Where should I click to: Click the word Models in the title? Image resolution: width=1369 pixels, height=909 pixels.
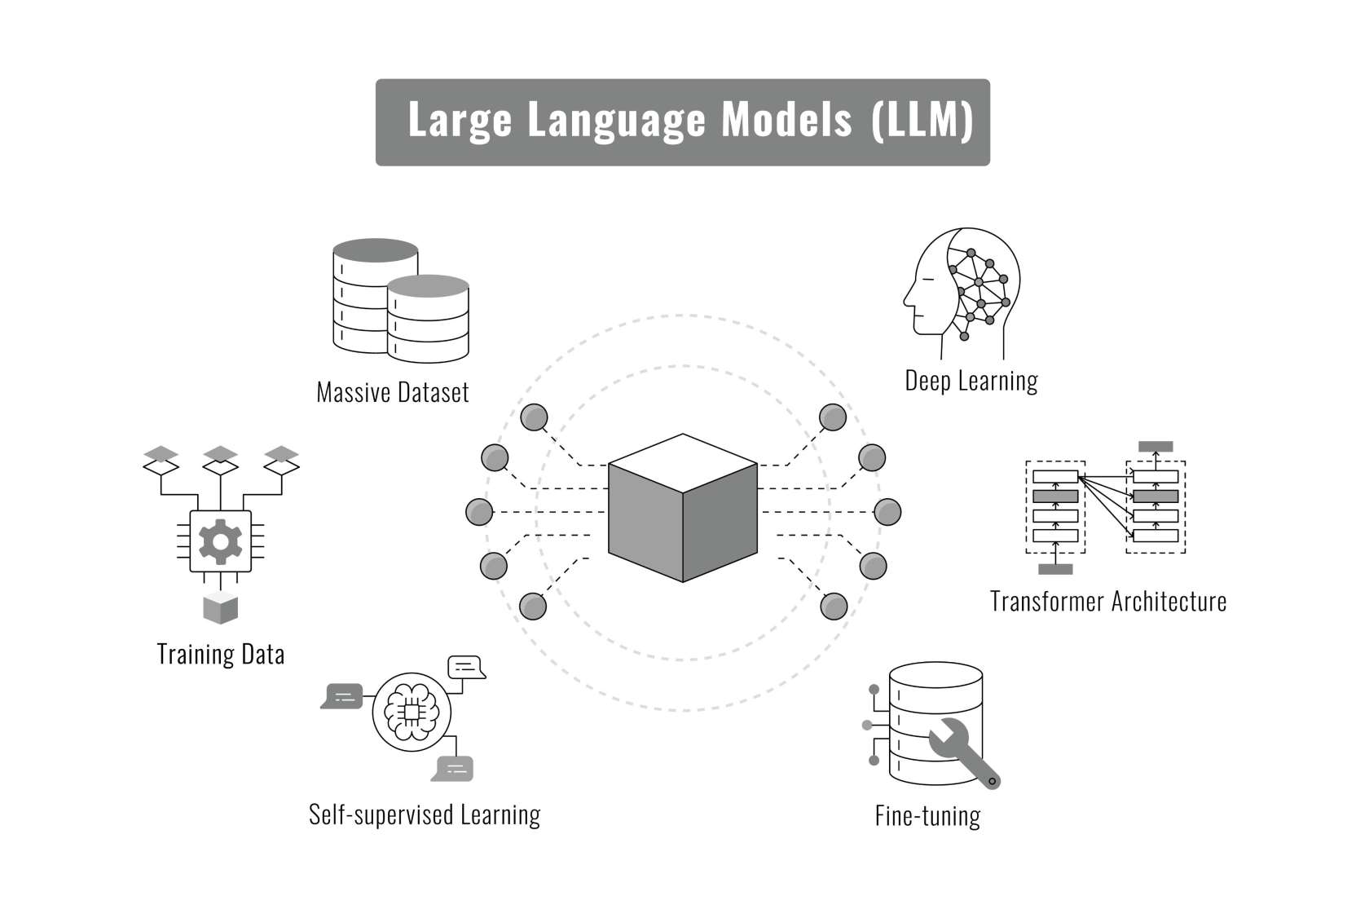point(786,120)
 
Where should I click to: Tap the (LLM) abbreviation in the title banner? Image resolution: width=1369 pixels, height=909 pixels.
point(922,120)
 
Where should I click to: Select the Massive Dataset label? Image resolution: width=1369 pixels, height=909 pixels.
point(393,393)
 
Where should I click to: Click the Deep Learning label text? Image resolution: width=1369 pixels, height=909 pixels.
point(971,381)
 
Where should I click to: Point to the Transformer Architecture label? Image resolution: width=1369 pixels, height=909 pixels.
point(1108,602)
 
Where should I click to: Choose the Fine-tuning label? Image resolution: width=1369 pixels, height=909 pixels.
point(927,816)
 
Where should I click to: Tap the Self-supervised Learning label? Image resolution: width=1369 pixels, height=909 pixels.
point(425,814)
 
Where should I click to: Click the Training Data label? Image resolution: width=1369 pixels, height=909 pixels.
point(221,654)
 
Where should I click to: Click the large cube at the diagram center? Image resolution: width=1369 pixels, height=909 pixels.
point(683,508)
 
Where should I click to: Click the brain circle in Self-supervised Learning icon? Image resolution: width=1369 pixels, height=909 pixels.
point(412,712)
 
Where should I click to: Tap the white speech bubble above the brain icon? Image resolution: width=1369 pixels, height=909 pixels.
point(466,667)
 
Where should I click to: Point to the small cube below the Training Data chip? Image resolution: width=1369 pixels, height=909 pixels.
point(220,609)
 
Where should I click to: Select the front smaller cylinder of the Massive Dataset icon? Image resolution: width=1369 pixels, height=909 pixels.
point(428,319)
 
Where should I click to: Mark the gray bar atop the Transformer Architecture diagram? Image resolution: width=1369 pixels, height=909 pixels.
point(1156,447)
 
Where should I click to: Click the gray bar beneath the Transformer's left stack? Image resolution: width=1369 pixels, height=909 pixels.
point(1055,569)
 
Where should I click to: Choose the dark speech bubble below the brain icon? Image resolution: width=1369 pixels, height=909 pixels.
point(452,768)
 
